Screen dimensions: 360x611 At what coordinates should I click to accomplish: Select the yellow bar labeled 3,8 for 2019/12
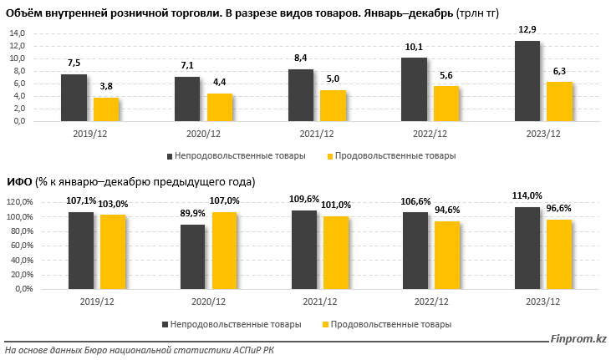point(106,109)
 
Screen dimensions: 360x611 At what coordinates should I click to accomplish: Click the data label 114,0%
point(527,196)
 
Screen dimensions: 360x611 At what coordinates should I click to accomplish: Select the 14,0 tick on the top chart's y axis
point(16,33)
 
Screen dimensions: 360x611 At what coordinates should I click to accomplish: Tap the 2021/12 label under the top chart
point(317,132)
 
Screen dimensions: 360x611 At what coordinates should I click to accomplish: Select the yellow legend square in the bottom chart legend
point(325,324)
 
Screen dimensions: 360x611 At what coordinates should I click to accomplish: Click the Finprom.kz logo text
point(577,339)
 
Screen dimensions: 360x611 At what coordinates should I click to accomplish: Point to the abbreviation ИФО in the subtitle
point(19,182)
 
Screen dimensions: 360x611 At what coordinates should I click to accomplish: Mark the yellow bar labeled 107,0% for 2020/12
point(224,251)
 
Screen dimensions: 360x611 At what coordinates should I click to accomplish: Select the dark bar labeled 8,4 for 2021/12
point(301,94)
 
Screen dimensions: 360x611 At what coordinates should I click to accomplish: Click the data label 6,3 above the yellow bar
point(560,72)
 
